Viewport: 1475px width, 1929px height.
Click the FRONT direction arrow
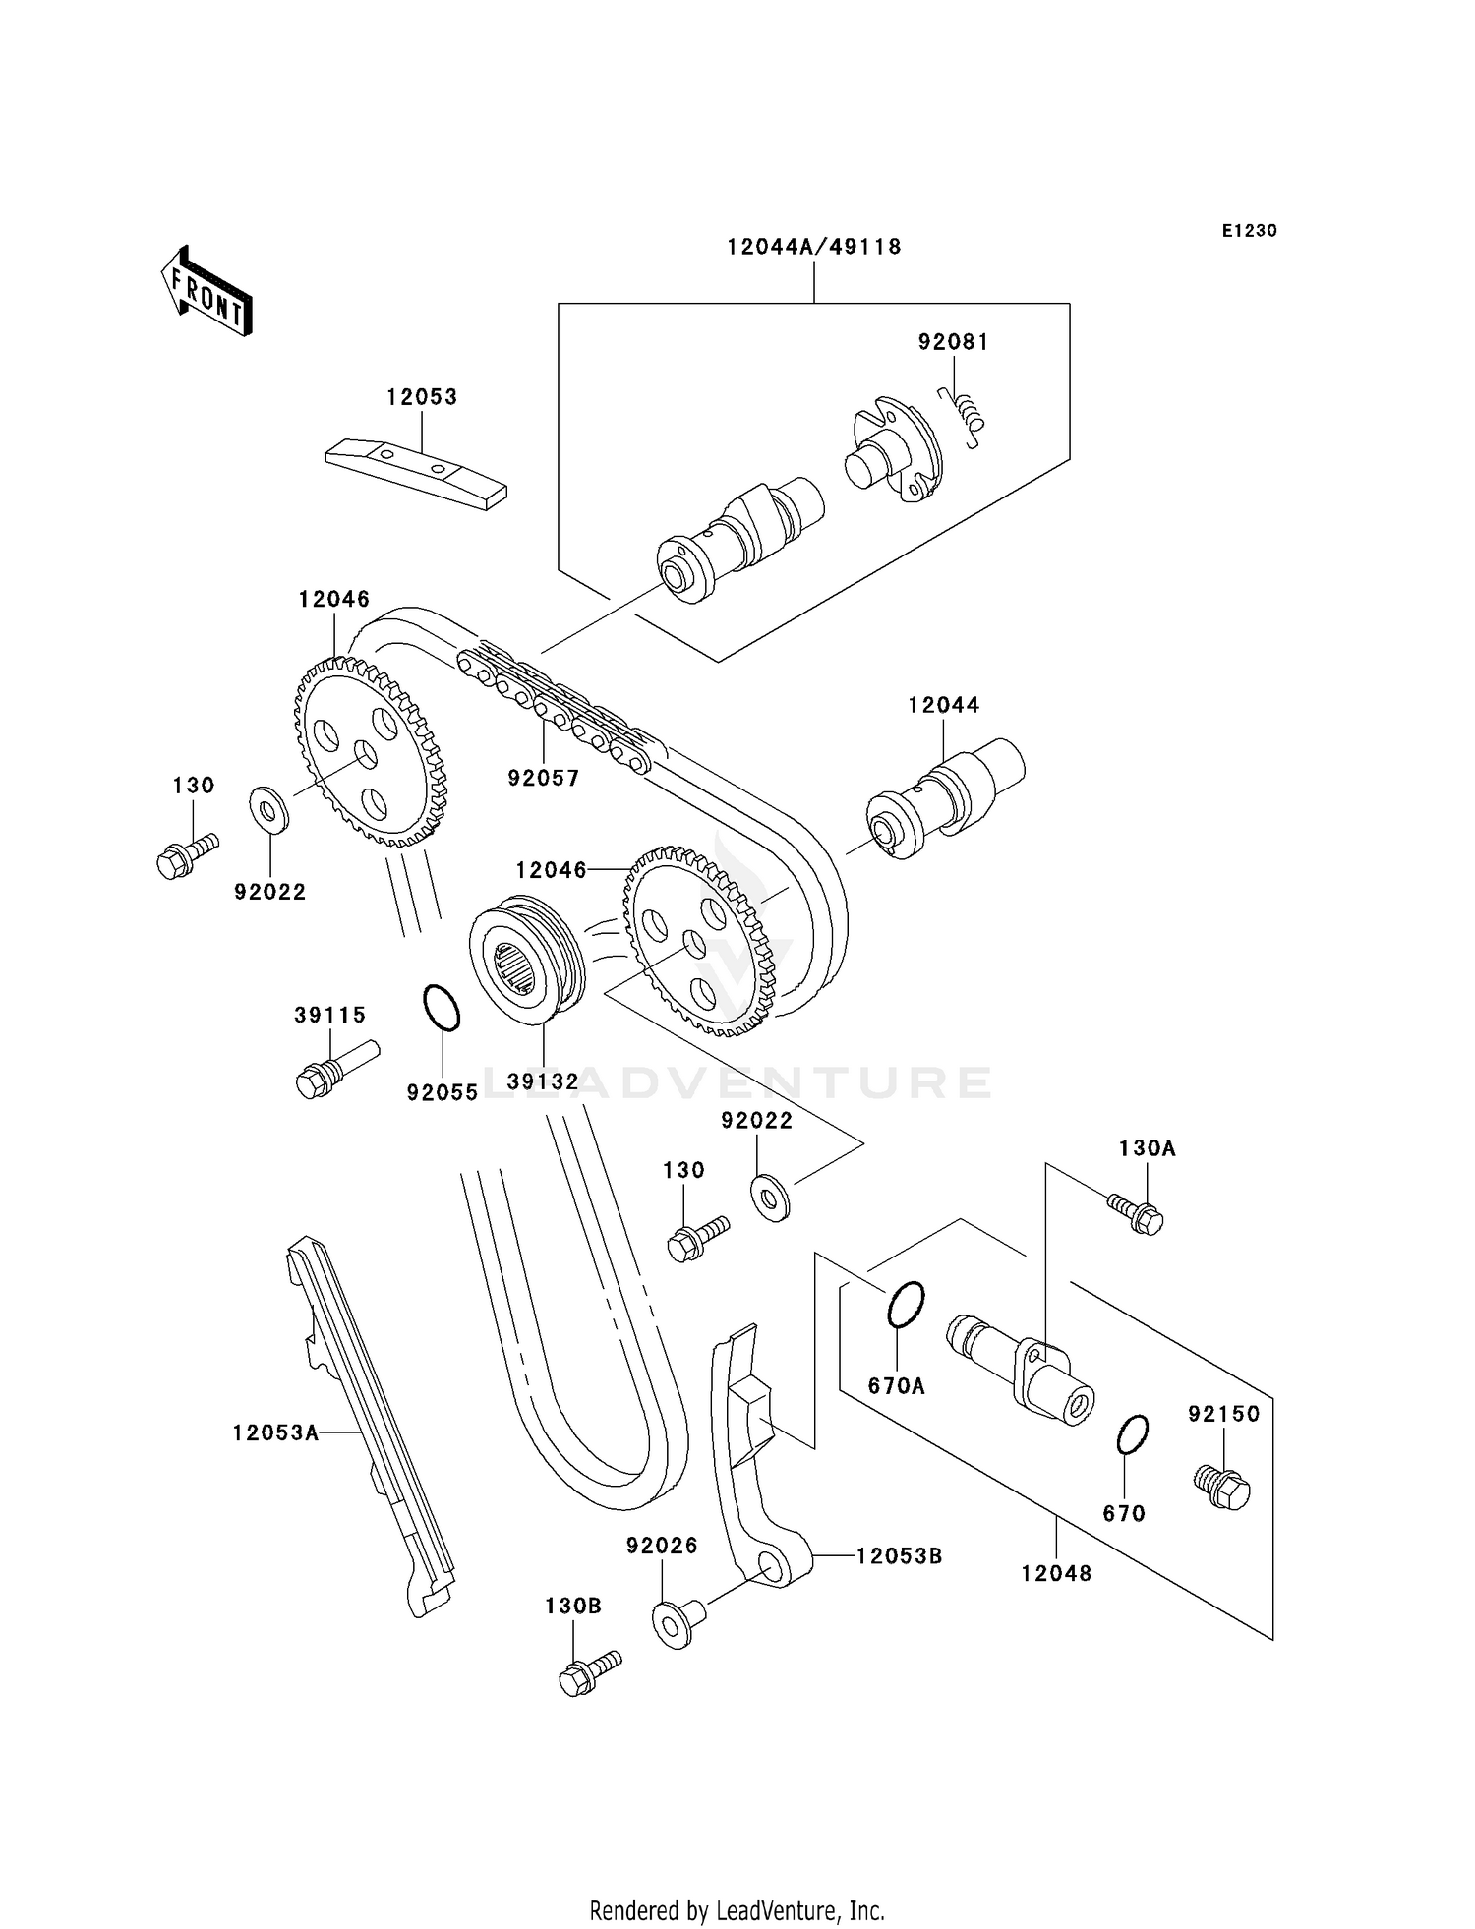[x=206, y=292]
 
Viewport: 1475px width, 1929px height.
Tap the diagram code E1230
[x=1249, y=231]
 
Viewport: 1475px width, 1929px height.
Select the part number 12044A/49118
[x=814, y=247]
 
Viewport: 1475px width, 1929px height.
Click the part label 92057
[x=544, y=778]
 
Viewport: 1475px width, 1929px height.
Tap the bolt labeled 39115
[x=335, y=1068]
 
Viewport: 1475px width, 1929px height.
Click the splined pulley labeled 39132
[x=528, y=959]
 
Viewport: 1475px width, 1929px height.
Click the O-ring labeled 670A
[x=906, y=1304]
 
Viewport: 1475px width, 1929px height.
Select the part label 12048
[x=1056, y=1573]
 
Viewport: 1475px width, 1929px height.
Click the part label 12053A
[x=275, y=1432]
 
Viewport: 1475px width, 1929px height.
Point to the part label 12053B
[x=899, y=1556]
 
